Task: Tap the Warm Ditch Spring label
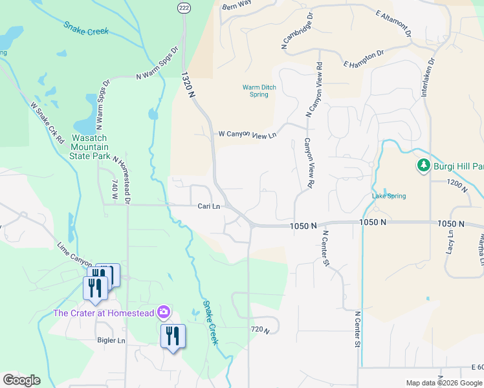point(255,91)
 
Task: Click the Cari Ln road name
point(208,206)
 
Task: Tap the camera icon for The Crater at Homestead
point(163,313)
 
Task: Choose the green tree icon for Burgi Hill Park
point(424,166)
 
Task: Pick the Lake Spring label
point(389,196)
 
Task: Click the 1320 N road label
point(189,85)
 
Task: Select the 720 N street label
point(259,330)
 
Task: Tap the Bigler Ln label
point(111,340)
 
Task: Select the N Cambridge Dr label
point(296,31)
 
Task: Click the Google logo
point(21,380)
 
